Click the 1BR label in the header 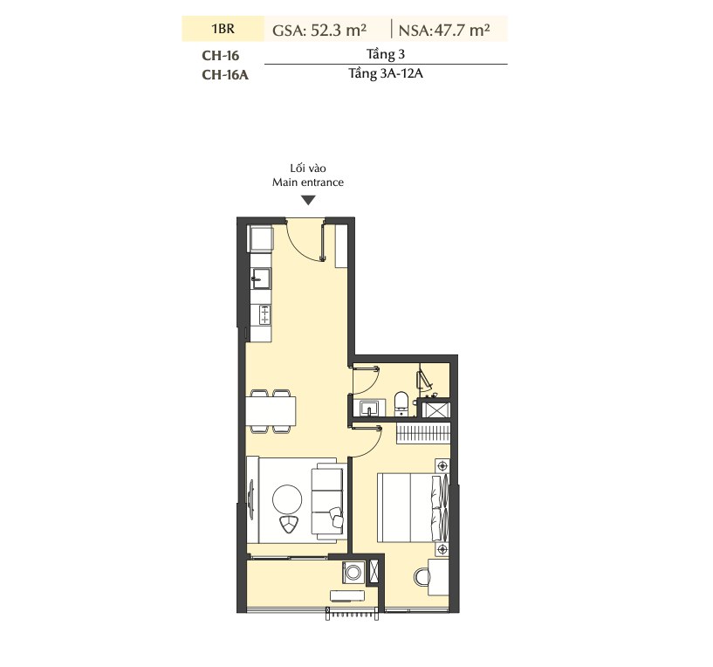223,29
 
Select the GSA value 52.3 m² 339,30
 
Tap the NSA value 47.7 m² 462,30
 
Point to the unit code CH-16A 225,74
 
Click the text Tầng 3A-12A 386,73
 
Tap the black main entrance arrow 308,200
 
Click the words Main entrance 308,182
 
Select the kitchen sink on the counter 261,278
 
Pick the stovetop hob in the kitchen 264,315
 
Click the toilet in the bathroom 401,403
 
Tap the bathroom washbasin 370,408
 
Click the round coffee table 287,499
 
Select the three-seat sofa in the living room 328,499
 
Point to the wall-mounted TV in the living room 251,499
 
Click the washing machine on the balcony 353,573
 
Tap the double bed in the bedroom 413,507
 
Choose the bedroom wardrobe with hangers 423,433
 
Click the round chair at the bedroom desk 421,577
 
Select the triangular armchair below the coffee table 287,524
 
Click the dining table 271,411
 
